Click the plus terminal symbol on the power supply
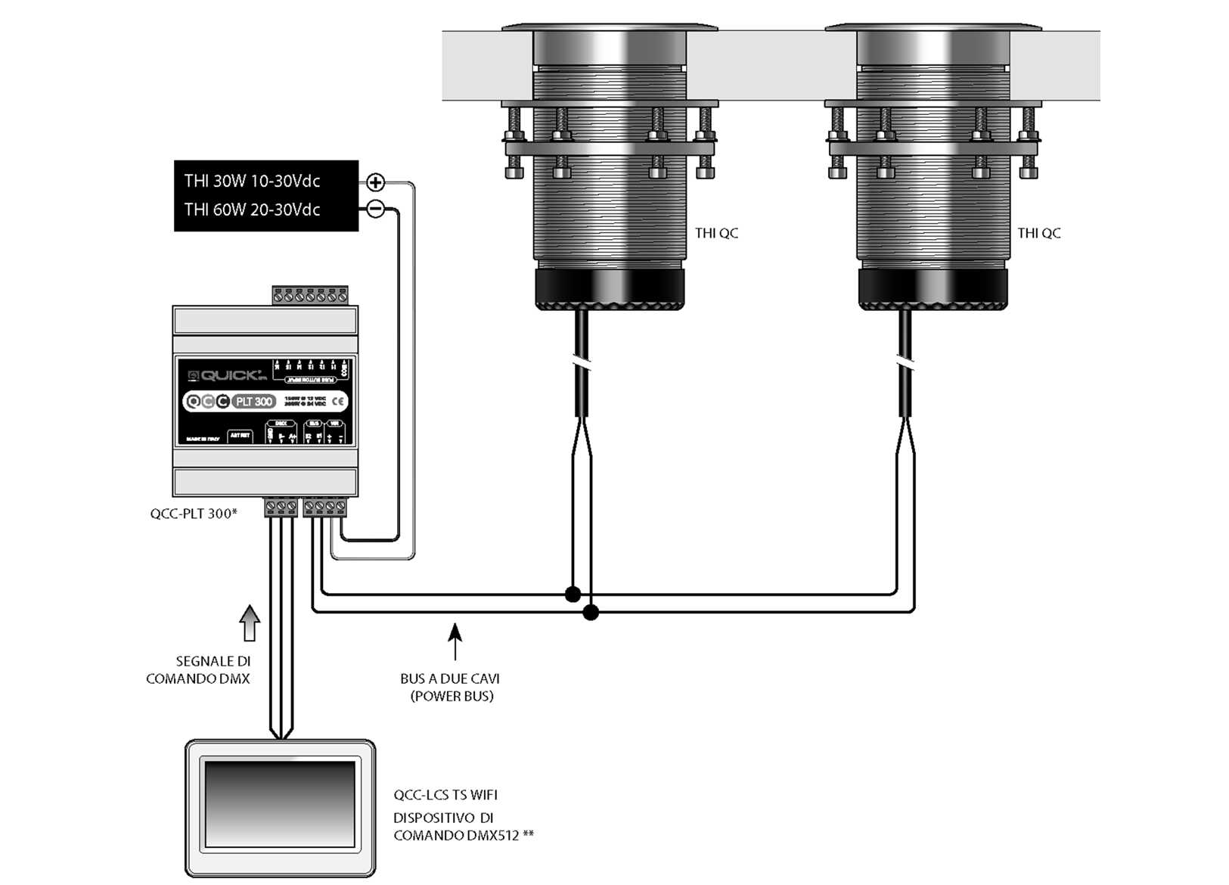click(x=375, y=182)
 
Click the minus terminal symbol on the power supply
click(x=375, y=209)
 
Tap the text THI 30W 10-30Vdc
click(x=252, y=182)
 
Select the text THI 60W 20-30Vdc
click(x=252, y=210)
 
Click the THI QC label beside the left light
click(x=716, y=233)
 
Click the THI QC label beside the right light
click(x=1038, y=233)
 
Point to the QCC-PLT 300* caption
click(x=194, y=514)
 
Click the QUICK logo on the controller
click(x=228, y=375)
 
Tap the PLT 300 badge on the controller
click(x=253, y=402)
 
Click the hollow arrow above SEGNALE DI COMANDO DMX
click(x=250, y=623)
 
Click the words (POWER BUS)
click(x=452, y=696)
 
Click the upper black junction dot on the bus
click(x=573, y=595)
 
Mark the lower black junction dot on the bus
click(x=591, y=612)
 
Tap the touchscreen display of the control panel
click(x=280, y=803)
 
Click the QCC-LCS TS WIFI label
click(x=445, y=795)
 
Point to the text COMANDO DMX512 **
click(x=463, y=836)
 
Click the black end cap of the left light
click(x=610, y=288)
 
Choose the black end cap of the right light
click(x=933, y=288)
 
